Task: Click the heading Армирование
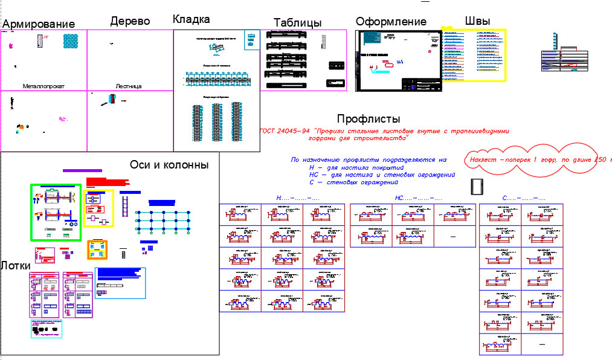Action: click(x=39, y=24)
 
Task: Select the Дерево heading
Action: click(x=130, y=21)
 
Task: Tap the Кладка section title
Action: click(x=191, y=19)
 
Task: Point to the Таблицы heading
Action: click(x=297, y=23)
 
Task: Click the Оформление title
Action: click(x=391, y=22)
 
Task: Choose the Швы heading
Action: click(x=477, y=21)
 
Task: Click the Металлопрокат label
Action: click(x=43, y=86)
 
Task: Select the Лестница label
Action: click(x=128, y=86)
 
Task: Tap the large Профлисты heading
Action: click(x=369, y=119)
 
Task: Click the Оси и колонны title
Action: click(x=169, y=165)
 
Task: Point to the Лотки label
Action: click(x=16, y=265)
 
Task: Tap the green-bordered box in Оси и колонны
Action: click(x=56, y=213)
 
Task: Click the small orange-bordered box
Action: click(x=97, y=249)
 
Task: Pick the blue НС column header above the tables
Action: click(x=419, y=198)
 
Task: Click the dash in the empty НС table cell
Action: click(x=453, y=237)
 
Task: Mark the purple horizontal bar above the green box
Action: click(x=82, y=171)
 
